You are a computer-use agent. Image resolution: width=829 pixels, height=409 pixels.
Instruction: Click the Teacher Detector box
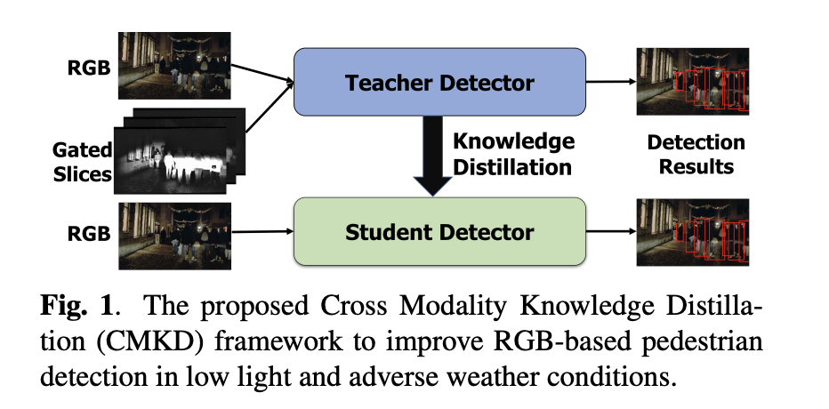439,82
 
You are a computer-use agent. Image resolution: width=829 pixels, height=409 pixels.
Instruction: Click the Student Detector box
439,233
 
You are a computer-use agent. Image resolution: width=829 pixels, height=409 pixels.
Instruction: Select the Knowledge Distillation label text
513,154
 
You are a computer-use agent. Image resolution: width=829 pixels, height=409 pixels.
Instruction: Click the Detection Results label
696,155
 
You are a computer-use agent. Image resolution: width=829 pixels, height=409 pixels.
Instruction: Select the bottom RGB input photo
175,236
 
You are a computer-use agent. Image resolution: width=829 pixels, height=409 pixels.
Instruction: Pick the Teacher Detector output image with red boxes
693,81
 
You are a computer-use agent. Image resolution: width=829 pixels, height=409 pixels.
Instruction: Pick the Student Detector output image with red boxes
693,233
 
